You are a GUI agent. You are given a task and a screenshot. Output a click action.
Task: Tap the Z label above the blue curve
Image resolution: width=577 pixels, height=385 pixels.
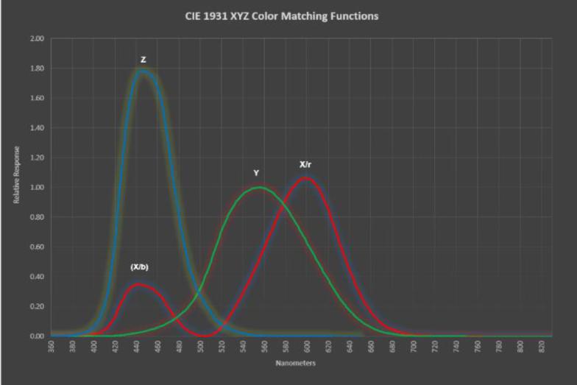coord(144,60)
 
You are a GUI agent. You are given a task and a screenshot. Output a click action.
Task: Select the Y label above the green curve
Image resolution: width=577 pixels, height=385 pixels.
coord(256,173)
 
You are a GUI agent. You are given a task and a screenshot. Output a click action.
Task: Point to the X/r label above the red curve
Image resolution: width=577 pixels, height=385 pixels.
coord(306,164)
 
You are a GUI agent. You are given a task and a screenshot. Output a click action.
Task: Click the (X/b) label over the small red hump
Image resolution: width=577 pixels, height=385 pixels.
coord(139,266)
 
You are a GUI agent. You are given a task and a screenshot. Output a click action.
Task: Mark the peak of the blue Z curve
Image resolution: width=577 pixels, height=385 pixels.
coord(143,71)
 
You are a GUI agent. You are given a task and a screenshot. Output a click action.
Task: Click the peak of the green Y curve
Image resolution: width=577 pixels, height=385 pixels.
coord(260,187)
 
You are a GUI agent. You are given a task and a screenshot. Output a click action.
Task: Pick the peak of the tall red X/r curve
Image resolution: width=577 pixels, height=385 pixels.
coord(307,177)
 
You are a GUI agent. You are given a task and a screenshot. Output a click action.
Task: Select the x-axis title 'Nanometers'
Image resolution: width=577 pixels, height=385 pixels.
coord(297,364)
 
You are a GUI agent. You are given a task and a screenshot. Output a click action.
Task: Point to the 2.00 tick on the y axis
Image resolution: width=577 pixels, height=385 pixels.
coord(38,38)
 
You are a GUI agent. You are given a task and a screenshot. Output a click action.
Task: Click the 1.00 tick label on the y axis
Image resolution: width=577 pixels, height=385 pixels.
coord(38,187)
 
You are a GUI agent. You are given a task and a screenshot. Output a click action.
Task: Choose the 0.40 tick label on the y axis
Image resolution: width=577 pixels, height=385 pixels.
coord(38,277)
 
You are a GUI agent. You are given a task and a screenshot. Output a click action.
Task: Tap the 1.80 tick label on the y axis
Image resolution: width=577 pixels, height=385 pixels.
coord(38,68)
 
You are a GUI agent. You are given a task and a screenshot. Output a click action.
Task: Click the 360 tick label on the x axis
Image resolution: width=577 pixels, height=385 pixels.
coord(52,347)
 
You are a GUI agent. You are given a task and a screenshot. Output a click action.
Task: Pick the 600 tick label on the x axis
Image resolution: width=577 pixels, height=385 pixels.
coord(308,347)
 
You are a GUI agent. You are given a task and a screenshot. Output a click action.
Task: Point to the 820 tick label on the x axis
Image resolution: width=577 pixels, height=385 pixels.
coord(542,347)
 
